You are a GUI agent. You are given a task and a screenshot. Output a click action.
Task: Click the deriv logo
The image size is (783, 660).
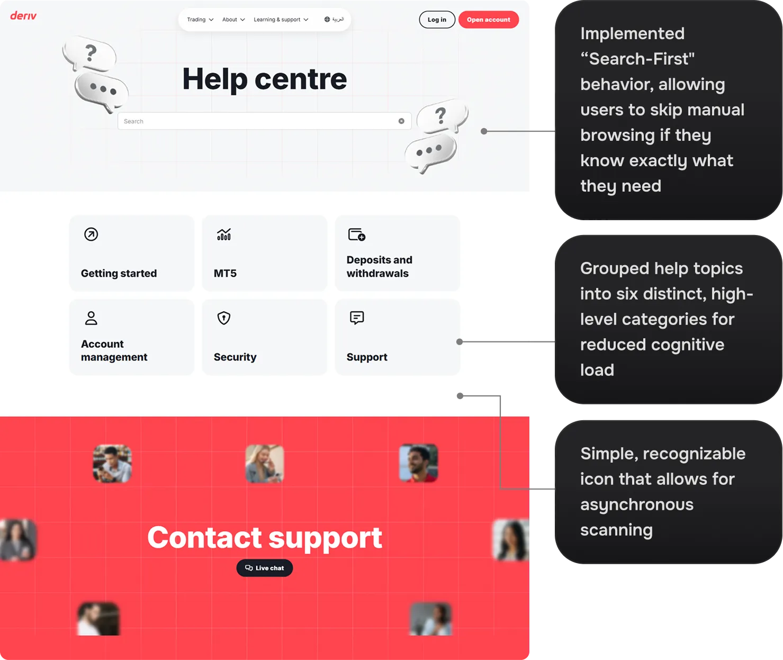(x=23, y=16)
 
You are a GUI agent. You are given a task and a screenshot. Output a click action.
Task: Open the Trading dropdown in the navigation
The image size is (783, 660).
(x=200, y=20)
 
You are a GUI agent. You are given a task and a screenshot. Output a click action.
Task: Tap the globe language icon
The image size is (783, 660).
(x=327, y=20)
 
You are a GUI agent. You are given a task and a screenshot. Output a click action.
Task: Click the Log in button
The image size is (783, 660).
(x=437, y=20)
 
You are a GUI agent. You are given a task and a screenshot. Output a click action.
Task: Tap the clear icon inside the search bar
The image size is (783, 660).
(x=401, y=121)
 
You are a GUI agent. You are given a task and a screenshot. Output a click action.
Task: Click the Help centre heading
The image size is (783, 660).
(x=264, y=79)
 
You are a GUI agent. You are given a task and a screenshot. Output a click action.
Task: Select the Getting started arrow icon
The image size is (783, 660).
(x=91, y=234)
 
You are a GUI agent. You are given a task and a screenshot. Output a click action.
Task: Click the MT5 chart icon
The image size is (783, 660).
(x=224, y=234)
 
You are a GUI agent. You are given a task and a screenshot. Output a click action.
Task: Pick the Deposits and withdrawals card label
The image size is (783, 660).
(x=379, y=267)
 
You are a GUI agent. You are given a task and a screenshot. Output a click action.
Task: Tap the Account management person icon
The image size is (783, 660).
(x=91, y=318)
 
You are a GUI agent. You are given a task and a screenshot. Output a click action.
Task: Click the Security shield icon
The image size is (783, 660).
(x=224, y=318)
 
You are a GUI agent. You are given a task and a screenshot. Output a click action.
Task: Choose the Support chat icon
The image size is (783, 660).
(x=357, y=318)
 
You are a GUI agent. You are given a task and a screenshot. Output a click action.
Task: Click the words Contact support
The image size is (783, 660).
(x=264, y=537)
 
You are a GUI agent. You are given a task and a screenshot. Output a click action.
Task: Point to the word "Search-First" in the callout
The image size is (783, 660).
(x=637, y=59)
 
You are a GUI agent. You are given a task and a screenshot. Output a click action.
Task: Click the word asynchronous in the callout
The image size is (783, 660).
(x=636, y=504)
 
